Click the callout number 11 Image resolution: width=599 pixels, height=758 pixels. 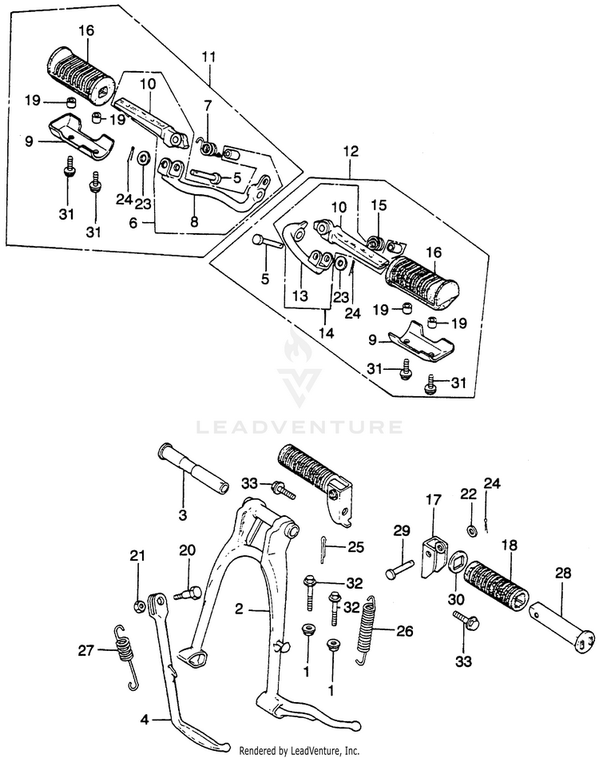tap(209, 58)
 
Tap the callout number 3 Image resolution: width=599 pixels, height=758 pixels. tap(182, 515)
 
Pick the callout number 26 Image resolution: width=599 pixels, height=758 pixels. tap(404, 630)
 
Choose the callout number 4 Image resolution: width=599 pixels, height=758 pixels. tap(145, 719)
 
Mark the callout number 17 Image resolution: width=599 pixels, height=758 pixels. tap(433, 501)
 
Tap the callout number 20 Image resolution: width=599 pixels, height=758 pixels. tap(187, 550)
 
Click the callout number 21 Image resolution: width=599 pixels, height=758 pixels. tap(137, 556)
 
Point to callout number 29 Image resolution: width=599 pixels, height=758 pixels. tap(401, 530)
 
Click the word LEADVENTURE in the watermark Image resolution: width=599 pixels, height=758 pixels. tap(300, 427)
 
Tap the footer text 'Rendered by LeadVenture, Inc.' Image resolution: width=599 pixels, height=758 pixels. tap(300, 750)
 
